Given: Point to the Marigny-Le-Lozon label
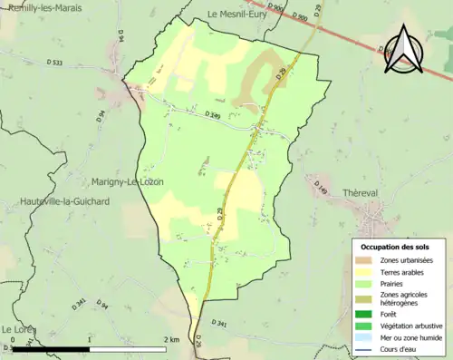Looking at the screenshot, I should click(x=127, y=181).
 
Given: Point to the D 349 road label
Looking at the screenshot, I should click(x=213, y=114).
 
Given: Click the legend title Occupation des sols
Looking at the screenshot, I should click(x=395, y=247).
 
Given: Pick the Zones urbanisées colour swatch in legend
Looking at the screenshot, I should click(x=363, y=260).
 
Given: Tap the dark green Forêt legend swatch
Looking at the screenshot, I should click(x=363, y=314).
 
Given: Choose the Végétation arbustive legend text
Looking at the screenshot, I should click(x=411, y=326).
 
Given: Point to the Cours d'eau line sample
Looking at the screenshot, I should click(x=363, y=349).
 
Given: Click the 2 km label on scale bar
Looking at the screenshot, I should click(x=171, y=340).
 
